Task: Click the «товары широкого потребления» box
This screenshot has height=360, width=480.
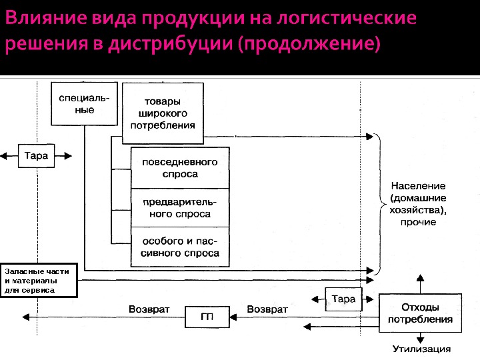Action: click(x=163, y=113)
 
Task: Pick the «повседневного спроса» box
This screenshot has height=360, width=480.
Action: click(x=180, y=168)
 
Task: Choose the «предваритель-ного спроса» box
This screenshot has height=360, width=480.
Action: click(x=180, y=208)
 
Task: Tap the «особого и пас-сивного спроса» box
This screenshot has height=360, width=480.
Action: click(x=180, y=247)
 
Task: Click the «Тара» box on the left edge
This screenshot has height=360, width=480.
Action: click(x=36, y=155)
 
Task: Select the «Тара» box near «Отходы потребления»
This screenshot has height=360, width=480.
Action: click(x=343, y=299)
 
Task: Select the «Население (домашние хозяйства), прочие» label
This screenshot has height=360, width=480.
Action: click(x=419, y=203)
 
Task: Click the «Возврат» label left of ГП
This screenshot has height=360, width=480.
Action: click(x=149, y=309)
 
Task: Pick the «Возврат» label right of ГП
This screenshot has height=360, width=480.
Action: click(x=267, y=309)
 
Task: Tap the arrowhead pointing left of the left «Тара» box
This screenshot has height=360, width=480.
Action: click(x=5, y=156)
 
